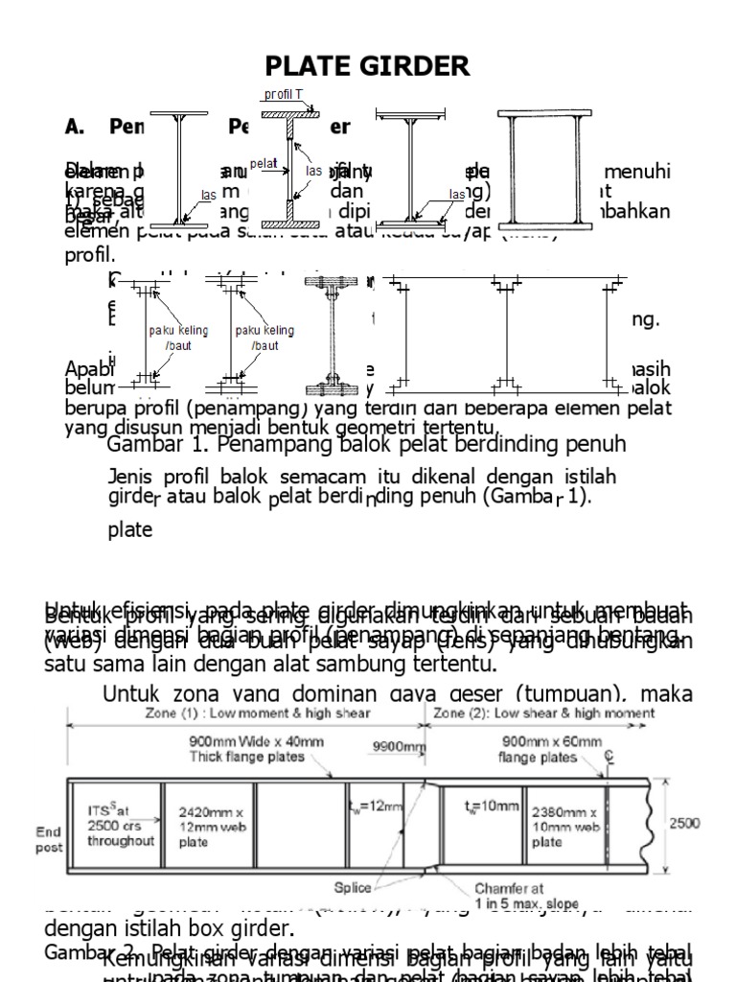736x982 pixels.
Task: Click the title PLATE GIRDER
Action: pyautogui.click(x=368, y=66)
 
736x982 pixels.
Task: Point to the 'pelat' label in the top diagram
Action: pyautogui.click(x=264, y=163)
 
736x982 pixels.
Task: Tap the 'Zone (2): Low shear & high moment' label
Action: pyautogui.click(x=544, y=713)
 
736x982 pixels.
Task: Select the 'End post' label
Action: pyautogui.click(x=50, y=840)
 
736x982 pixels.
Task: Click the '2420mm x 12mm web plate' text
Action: pyautogui.click(x=205, y=824)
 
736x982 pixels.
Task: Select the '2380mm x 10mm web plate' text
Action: pyautogui.click(x=565, y=824)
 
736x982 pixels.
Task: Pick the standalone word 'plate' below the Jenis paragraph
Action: pyautogui.click(x=130, y=530)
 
